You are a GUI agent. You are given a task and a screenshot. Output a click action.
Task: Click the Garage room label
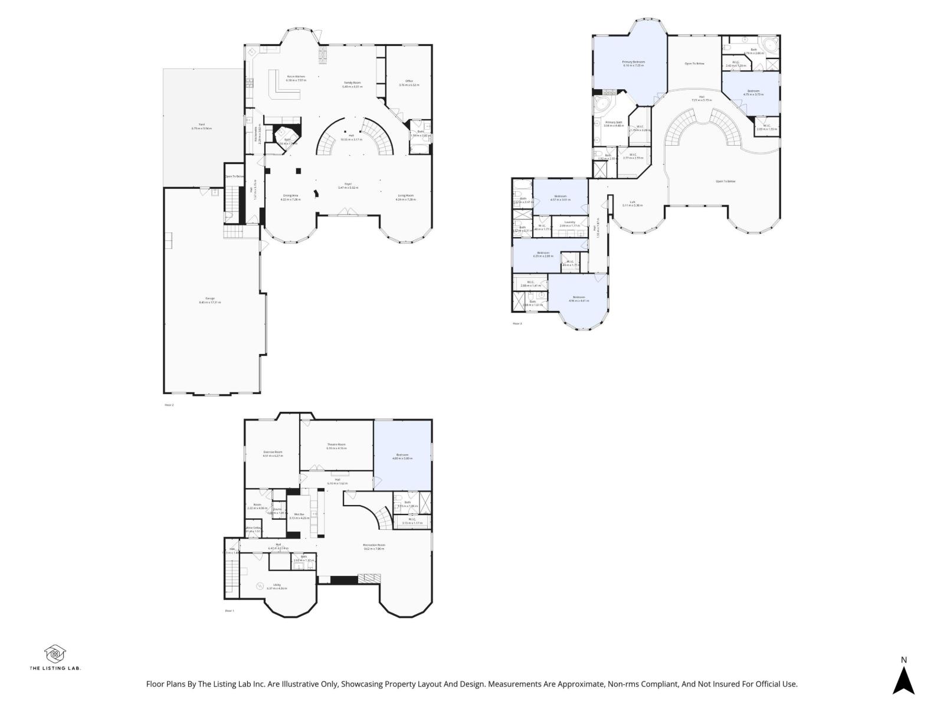point(210,300)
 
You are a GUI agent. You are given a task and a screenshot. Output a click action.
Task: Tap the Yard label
point(202,126)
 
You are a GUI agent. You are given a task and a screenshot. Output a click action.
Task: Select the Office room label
point(408,83)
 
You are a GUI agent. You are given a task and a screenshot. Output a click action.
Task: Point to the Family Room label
point(352,84)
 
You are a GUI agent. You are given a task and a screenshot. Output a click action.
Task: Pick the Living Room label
point(405,197)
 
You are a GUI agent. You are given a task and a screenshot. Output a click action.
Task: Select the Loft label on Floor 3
point(632,203)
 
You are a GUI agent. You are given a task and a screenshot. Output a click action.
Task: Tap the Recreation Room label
point(374,546)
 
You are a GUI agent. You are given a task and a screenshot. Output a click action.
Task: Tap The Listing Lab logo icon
point(55,654)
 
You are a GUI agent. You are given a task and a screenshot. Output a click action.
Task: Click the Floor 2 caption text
point(169,405)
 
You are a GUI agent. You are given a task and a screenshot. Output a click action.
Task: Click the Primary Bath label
point(614,123)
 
